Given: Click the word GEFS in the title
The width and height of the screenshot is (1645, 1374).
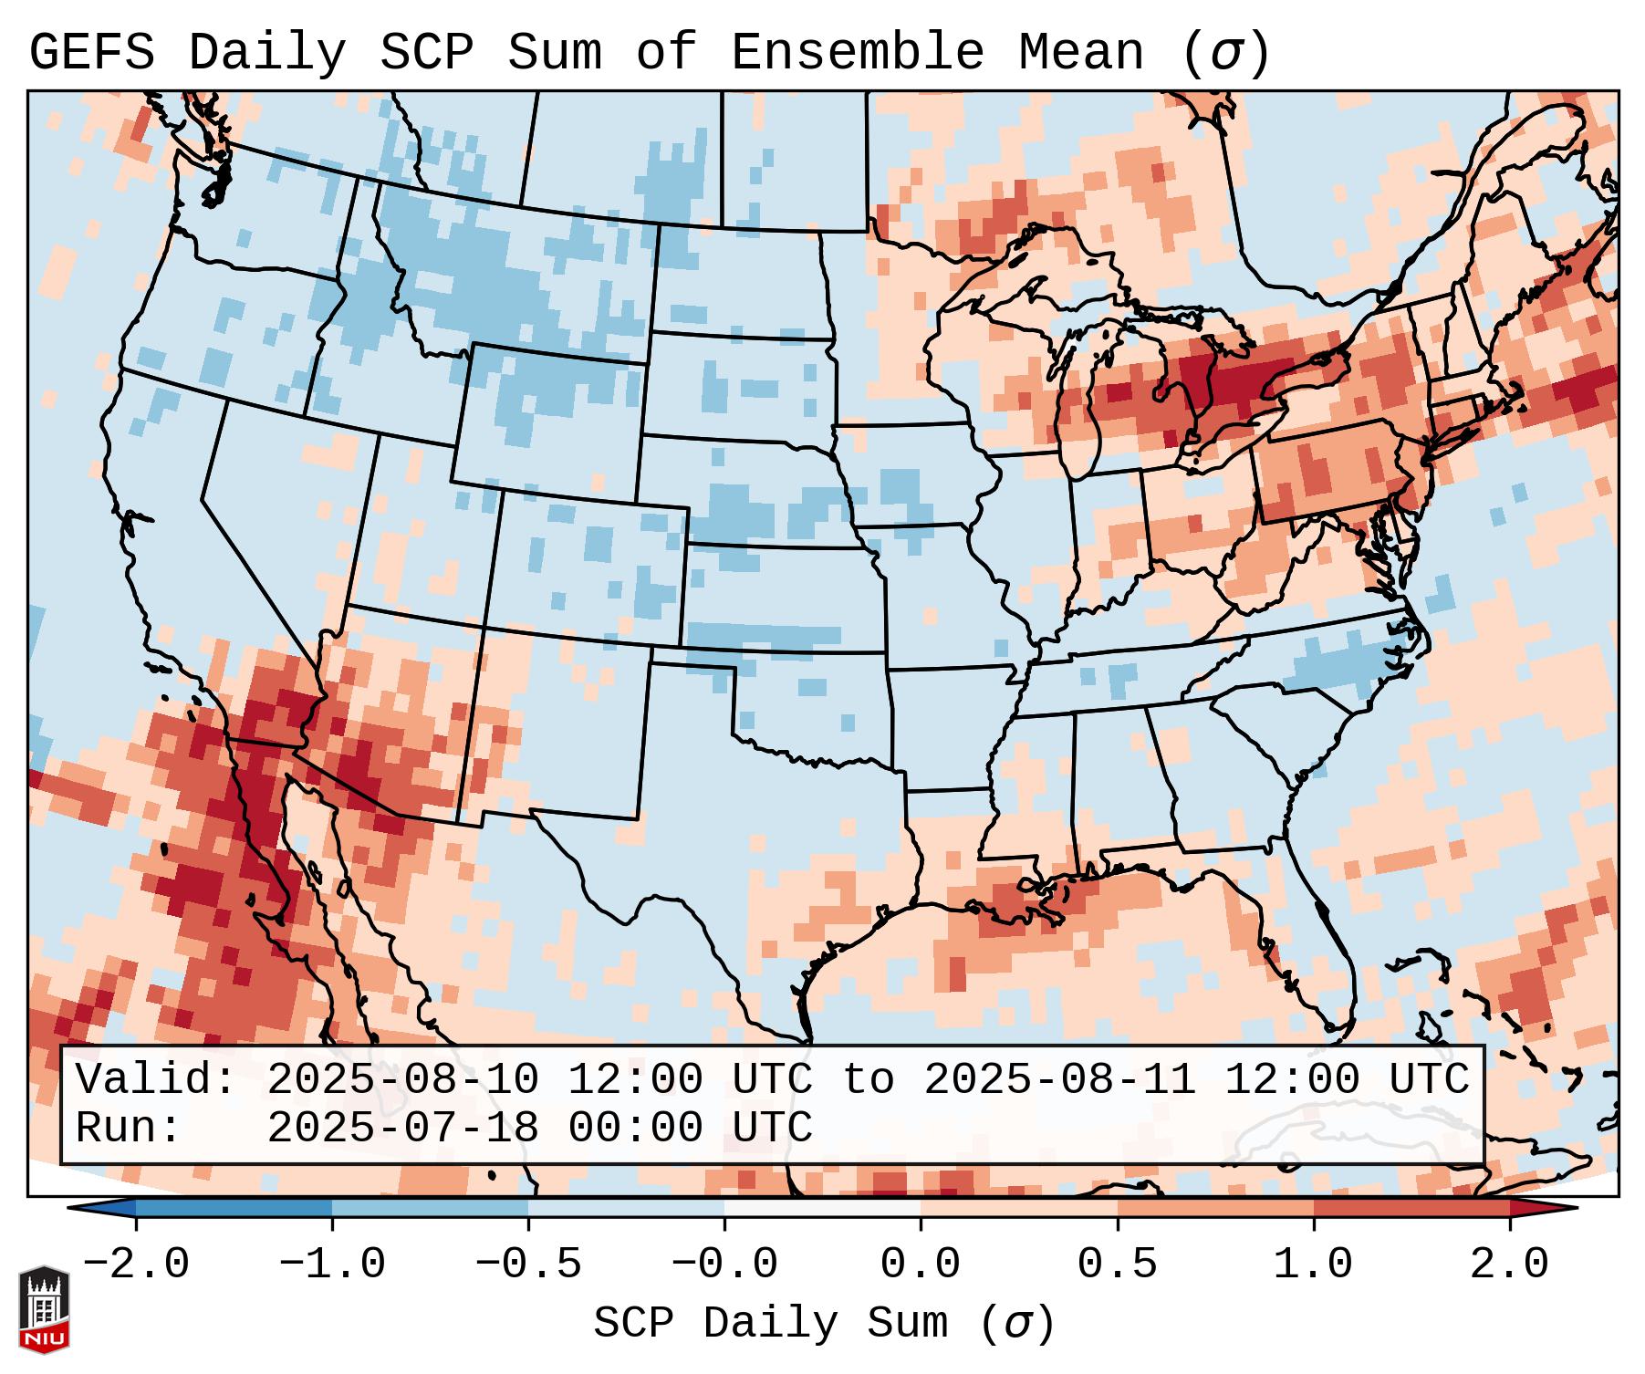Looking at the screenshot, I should point(91,52).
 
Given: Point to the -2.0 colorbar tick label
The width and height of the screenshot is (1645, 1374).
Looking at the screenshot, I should point(136,1265).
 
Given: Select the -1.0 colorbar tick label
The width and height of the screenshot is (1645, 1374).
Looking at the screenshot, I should point(332,1265).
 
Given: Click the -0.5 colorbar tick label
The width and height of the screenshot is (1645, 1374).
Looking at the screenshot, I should point(528,1265).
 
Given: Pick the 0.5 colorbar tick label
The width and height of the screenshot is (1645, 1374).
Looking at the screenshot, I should point(1117,1265).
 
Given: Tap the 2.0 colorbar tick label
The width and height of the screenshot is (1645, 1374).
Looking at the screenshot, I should point(1509,1265).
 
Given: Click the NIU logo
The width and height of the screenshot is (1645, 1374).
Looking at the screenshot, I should point(44,1309).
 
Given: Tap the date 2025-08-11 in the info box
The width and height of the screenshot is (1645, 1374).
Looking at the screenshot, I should point(1059,1079).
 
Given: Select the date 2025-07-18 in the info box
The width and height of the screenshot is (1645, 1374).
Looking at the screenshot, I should point(402,1128).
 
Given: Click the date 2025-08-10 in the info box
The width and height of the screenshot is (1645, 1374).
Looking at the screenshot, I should point(402,1079).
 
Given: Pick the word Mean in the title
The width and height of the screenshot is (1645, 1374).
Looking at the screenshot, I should point(1080,52).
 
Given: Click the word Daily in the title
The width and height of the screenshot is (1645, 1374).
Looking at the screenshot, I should point(266,52).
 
